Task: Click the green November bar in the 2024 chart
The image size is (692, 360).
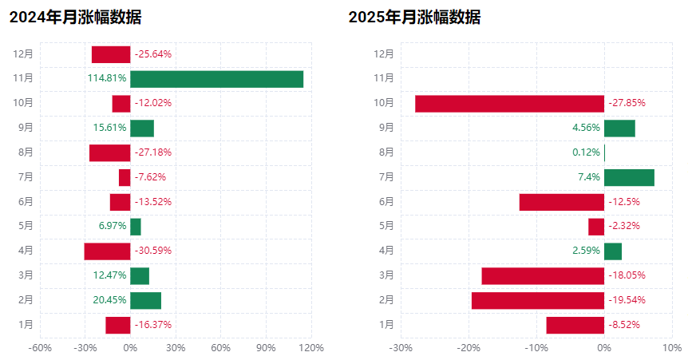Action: pyautogui.click(x=216, y=79)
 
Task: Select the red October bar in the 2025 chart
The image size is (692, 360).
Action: pyautogui.click(x=509, y=104)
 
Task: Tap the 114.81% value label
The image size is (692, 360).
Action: pyautogui.click(x=107, y=79)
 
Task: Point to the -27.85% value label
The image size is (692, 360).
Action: pyautogui.click(x=627, y=104)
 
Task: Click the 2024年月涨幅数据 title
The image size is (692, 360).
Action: pyautogui.click(x=75, y=18)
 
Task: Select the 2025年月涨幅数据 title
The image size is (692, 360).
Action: pyautogui.click(x=414, y=18)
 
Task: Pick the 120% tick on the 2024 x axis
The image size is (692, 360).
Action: pyautogui.click(x=311, y=348)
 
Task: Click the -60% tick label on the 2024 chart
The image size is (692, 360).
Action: pyautogui.click(x=40, y=348)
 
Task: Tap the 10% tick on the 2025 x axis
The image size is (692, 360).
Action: pyautogui.click(x=672, y=348)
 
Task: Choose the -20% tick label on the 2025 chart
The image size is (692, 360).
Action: pyautogui.click(x=468, y=348)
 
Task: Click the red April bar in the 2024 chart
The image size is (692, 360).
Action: pyautogui.click(x=107, y=251)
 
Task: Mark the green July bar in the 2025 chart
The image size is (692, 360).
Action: pyautogui.click(x=629, y=177)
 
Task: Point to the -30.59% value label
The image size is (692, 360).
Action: pyautogui.click(x=153, y=251)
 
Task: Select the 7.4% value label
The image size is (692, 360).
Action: pyautogui.click(x=589, y=177)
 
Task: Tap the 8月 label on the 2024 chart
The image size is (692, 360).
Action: pyautogui.click(x=24, y=152)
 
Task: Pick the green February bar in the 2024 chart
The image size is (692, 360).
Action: pyautogui.click(x=145, y=300)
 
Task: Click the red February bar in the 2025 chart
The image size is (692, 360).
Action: pyautogui.click(x=538, y=300)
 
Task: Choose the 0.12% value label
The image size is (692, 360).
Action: pyautogui.click(x=586, y=152)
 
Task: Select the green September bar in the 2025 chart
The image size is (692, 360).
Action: pyautogui.click(x=619, y=128)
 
